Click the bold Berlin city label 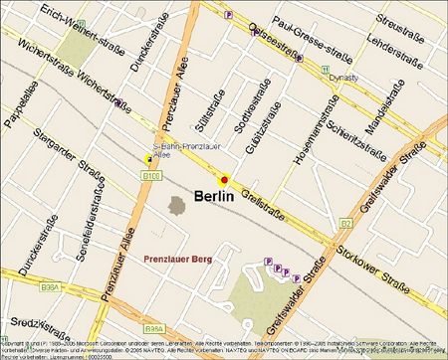pos(227,197)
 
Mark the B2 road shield pos(346,224)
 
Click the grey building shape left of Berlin pos(176,205)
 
